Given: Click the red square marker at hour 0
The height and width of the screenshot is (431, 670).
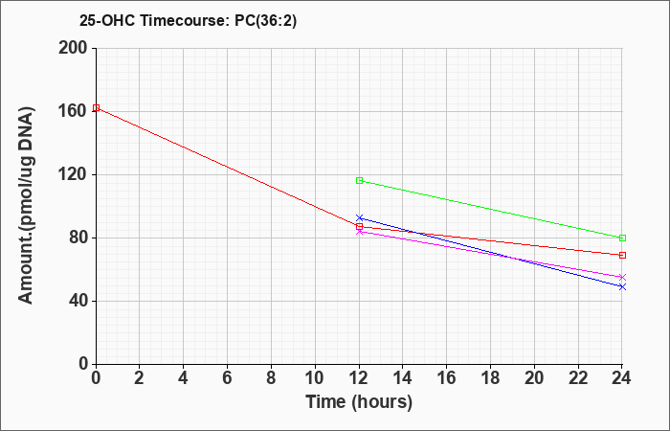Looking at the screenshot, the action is [96, 107].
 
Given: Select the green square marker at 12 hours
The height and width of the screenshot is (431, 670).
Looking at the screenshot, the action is [359, 180].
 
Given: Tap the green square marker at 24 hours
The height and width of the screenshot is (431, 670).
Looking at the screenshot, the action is [622, 238].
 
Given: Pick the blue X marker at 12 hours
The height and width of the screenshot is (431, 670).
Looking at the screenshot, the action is [359, 218].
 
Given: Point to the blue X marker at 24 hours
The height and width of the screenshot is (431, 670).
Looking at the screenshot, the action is [622, 287].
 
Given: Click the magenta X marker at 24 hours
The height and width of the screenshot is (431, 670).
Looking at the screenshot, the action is [622, 277].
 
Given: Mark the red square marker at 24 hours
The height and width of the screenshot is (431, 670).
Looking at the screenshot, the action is [622, 256].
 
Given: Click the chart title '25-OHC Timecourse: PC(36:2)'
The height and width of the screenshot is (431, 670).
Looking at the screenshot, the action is [188, 21].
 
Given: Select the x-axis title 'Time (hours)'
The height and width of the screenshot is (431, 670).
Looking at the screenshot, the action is [359, 402].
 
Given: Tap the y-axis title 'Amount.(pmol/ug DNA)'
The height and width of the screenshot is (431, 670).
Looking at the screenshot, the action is [27, 206].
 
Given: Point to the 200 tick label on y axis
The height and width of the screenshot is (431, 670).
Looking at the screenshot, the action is [73, 48].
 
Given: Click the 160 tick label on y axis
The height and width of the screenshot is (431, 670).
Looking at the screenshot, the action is [73, 112].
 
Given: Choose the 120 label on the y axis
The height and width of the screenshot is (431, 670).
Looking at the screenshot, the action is [73, 174].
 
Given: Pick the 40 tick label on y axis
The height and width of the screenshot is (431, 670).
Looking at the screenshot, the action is [78, 301].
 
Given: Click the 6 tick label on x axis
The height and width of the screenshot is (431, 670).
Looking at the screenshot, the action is [228, 378].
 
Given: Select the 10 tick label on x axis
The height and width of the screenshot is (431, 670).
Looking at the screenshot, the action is [315, 378].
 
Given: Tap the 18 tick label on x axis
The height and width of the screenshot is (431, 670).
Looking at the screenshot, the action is [490, 378].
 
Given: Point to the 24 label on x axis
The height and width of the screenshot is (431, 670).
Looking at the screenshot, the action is [621, 378].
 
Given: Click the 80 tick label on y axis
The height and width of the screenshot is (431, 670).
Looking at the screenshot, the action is [78, 238].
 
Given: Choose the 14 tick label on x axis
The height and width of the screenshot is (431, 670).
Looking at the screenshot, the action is [403, 378].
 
